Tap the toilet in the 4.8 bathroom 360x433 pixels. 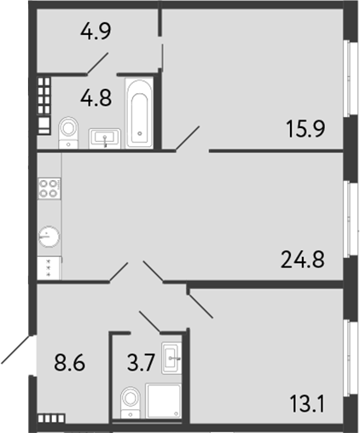point(69,130)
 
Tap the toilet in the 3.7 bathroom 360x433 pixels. point(131,401)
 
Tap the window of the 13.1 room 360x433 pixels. point(348,355)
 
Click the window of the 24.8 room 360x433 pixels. point(348,219)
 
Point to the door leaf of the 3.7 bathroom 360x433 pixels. point(149,323)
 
